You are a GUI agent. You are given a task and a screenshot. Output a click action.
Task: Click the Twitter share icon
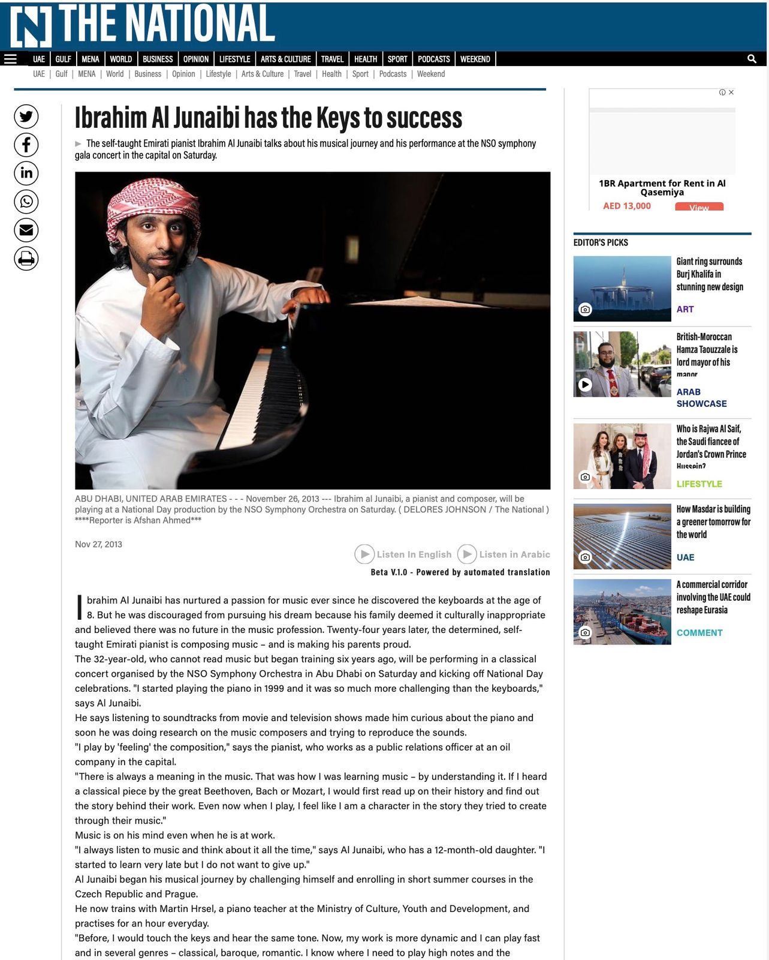tap(26, 116)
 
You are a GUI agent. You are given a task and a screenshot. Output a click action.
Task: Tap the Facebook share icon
tap(26, 145)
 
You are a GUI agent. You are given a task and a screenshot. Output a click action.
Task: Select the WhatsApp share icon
tap(26, 202)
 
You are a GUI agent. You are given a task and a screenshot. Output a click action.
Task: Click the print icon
tap(26, 259)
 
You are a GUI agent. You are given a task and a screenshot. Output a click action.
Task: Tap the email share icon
tap(26, 230)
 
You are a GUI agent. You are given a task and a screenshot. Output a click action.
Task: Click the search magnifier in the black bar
tap(752, 59)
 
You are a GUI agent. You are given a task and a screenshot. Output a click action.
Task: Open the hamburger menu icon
tap(10, 59)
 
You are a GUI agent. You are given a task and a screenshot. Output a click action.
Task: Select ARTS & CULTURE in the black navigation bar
tap(285, 59)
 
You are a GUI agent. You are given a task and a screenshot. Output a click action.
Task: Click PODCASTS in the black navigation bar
tap(433, 59)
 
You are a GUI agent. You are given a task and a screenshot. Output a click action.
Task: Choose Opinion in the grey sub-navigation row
tap(183, 74)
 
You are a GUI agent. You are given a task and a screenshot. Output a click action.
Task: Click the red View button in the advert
tap(699, 207)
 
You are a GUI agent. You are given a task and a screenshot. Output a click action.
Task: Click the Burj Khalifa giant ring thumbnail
tap(622, 289)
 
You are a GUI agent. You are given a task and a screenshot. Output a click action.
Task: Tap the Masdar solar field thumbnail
tap(622, 536)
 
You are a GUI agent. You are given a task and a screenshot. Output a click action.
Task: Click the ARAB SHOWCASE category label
tap(701, 398)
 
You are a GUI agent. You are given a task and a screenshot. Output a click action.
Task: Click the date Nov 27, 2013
tap(98, 544)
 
